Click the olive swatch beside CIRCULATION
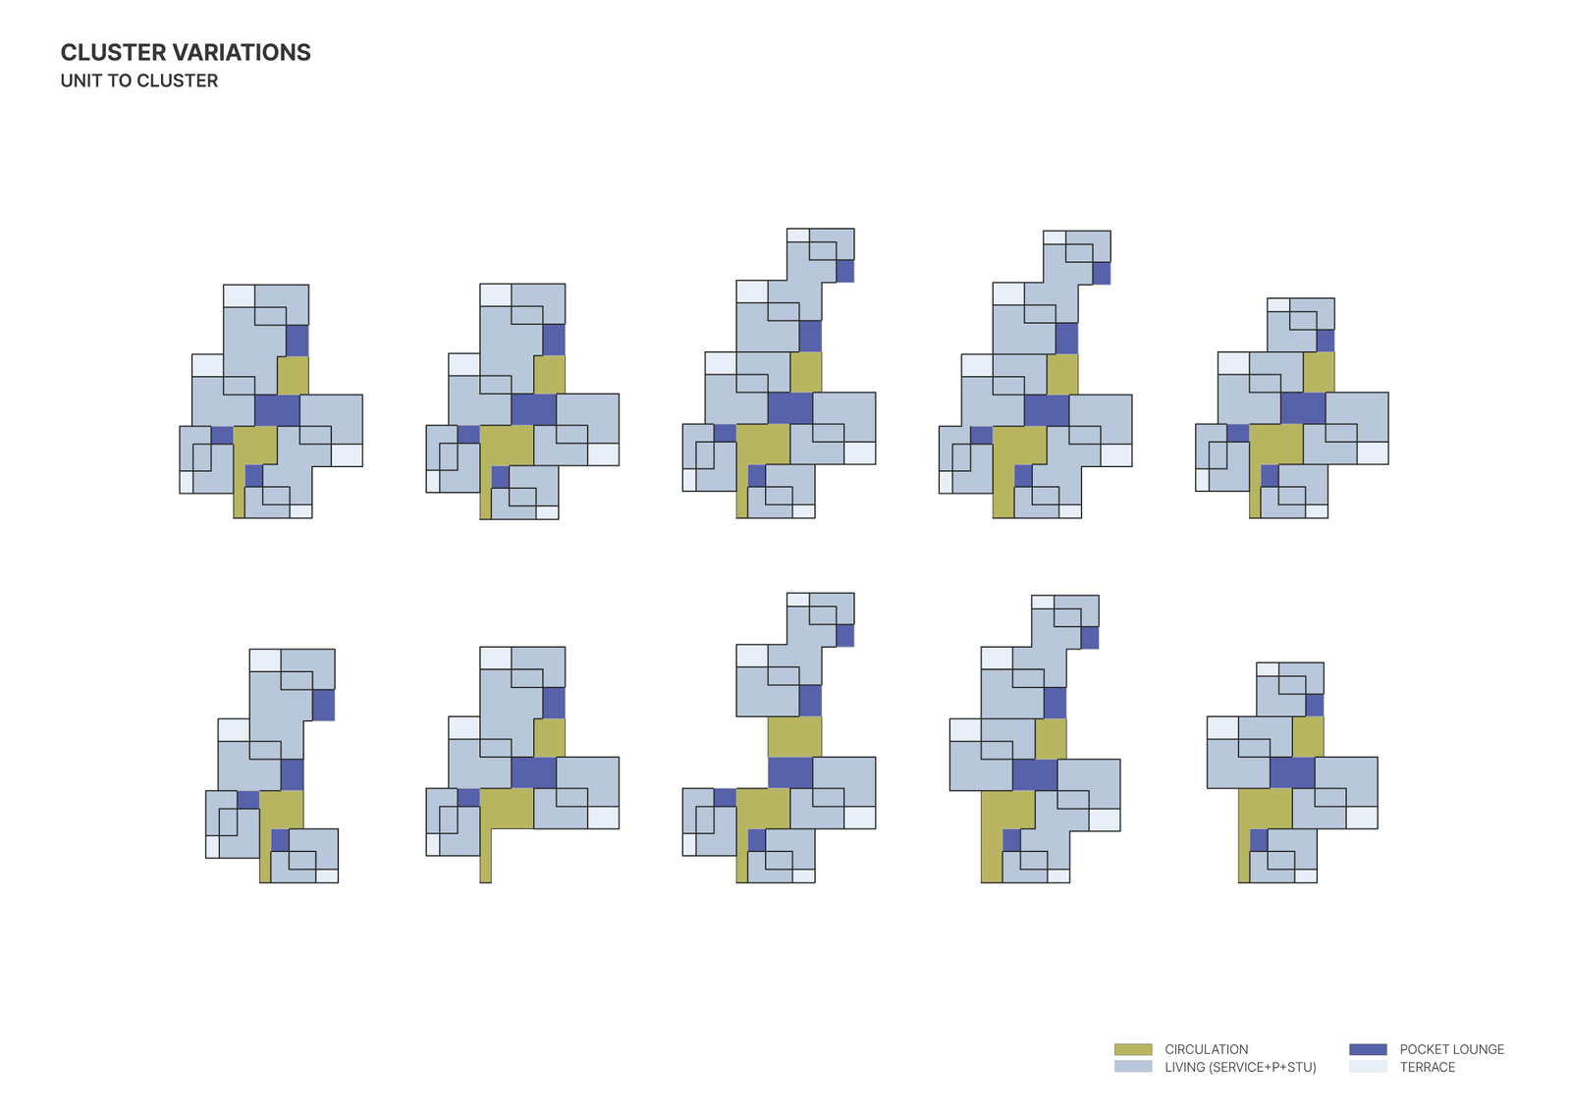1133,1049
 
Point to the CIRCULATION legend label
1206,1049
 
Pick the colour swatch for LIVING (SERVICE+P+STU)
1133,1067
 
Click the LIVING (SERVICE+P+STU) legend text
1240,1067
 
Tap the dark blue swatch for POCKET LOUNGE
1368,1049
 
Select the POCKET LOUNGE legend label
1451,1049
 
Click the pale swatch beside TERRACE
1368,1067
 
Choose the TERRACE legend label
1427,1067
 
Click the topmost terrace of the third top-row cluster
798,236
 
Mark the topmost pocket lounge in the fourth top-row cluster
1102,273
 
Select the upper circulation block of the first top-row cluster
293,375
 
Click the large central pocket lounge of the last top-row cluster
1303,408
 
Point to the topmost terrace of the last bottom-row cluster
1268,669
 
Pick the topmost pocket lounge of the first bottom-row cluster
323,705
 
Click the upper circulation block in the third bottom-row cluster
794,737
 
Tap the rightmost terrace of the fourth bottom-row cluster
1105,819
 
